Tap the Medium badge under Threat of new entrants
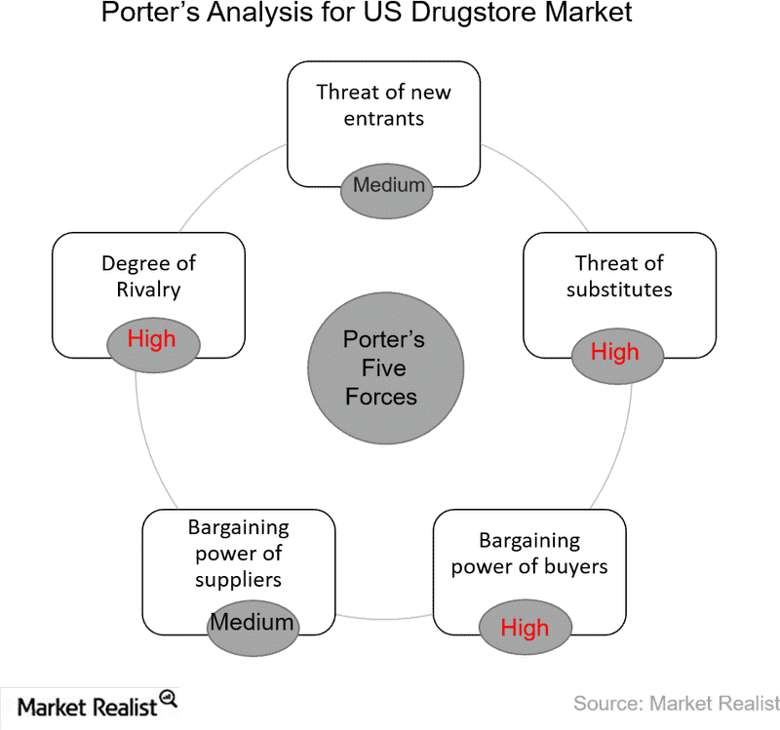tap(388, 184)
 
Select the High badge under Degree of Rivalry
tap(152, 339)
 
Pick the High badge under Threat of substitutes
tap(615, 352)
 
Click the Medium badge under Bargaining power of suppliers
tap(253, 622)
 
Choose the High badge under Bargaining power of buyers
tap(525, 629)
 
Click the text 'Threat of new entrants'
tap(384, 106)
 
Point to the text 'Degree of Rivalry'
tap(148, 276)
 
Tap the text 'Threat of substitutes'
tap(619, 276)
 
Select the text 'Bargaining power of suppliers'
tap(238, 554)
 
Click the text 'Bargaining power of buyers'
tap(529, 554)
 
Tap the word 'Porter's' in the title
tap(147, 14)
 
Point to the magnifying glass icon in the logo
tap(169, 699)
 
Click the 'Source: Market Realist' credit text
tap(675, 703)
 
